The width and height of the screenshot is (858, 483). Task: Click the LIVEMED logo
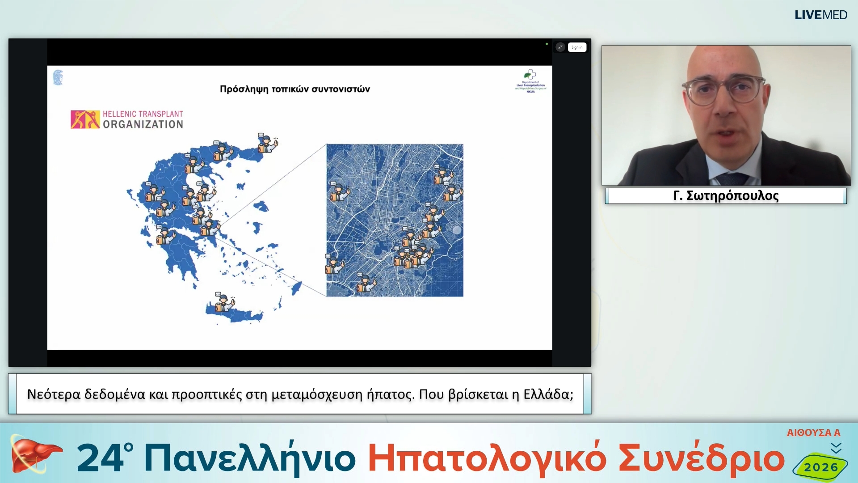pos(820,15)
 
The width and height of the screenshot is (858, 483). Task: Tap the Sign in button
pos(577,47)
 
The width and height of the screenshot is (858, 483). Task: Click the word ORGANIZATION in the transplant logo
pos(143,124)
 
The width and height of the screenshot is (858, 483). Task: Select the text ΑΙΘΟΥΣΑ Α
pos(813,433)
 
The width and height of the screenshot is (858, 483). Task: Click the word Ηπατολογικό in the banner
pos(487,458)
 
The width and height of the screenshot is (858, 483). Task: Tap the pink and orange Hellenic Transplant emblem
pos(85,119)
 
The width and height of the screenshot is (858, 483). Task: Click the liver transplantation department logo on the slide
pos(530,80)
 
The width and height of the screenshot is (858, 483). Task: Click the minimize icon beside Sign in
pos(560,47)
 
